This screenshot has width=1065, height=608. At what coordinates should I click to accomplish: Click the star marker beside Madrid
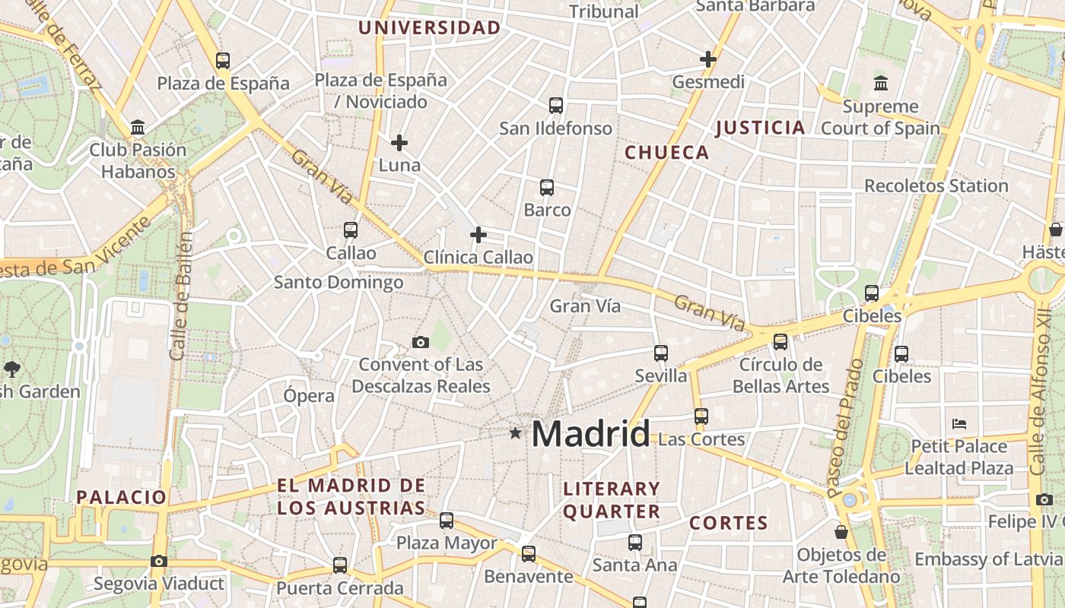coord(516,433)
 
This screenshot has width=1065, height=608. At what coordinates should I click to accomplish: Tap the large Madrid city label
coord(590,434)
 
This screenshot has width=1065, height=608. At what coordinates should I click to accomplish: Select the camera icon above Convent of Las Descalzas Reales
coord(421,343)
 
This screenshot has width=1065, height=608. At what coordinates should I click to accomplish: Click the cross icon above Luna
coord(399,143)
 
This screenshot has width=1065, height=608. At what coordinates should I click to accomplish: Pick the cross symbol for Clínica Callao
coord(478,235)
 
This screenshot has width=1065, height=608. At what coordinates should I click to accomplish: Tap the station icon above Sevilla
coord(661,353)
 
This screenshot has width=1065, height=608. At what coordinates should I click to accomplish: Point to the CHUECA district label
coord(666,153)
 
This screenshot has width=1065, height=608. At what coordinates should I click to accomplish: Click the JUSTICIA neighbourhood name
coord(760,128)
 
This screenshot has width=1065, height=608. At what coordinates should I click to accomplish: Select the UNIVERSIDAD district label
coord(430,29)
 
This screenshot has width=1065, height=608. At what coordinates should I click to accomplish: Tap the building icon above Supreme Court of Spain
coord(881,84)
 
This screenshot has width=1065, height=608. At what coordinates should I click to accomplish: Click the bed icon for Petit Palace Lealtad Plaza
coord(959,423)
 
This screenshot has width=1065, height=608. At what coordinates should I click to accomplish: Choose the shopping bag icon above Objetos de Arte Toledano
coord(841,532)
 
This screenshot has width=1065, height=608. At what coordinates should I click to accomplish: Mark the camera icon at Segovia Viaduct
coord(158,562)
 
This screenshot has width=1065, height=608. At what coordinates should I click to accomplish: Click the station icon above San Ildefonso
coord(556,106)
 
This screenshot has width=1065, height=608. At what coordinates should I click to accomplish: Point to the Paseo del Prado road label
coord(844,427)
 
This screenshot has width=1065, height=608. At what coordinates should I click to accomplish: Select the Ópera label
coord(309,396)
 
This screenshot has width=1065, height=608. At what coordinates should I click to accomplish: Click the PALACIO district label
coord(121,498)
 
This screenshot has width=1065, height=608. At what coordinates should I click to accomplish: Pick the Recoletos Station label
coord(936,186)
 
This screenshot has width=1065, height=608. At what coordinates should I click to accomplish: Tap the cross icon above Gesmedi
coord(708,59)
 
